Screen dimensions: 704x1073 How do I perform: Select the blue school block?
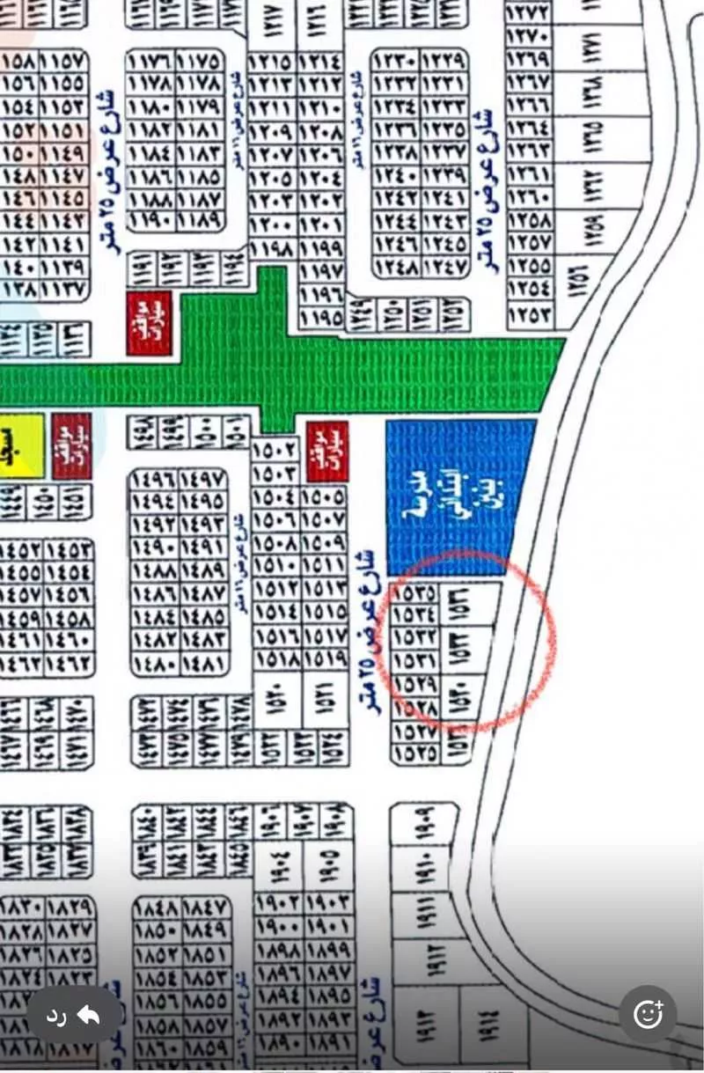point(460,497)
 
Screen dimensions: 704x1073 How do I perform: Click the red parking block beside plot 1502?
point(327,451)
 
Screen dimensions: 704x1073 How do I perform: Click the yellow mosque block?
point(19,446)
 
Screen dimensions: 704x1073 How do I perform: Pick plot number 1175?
point(201,62)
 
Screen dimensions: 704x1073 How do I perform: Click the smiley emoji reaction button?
point(649,1015)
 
